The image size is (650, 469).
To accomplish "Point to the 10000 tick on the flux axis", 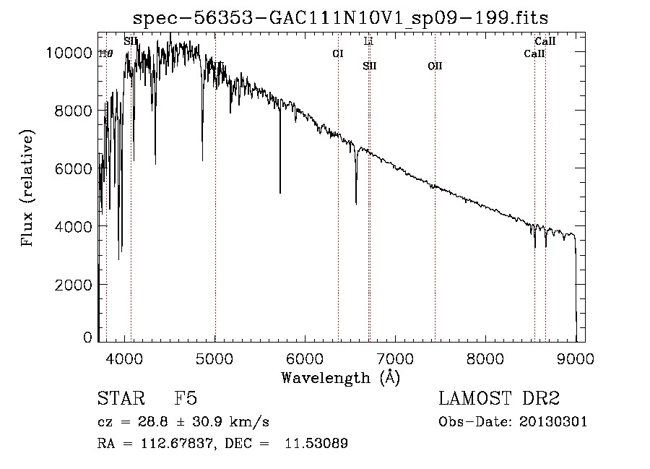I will [x=69, y=53].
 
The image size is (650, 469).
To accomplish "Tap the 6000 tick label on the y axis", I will [x=73, y=168].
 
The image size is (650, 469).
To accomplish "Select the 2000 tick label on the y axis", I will [x=73, y=285].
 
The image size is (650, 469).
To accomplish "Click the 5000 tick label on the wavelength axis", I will [x=214, y=358].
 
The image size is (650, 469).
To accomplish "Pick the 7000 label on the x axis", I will [x=395, y=358].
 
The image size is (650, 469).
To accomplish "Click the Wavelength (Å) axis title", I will [x=340, y=377].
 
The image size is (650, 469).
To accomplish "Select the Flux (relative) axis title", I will [x=28, y=188].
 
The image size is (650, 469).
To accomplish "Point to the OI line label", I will [x=337, y=53].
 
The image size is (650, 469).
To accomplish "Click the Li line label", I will [x=368, y=41].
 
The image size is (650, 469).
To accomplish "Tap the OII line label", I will [x=435, y=66].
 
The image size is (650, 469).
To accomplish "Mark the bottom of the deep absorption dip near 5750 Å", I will [x=280, y=192].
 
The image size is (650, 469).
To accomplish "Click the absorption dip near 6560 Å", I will [x=356, y=202].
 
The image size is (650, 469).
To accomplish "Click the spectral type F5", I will [x=186, y=399].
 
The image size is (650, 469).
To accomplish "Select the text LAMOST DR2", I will [x=499, y=399].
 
